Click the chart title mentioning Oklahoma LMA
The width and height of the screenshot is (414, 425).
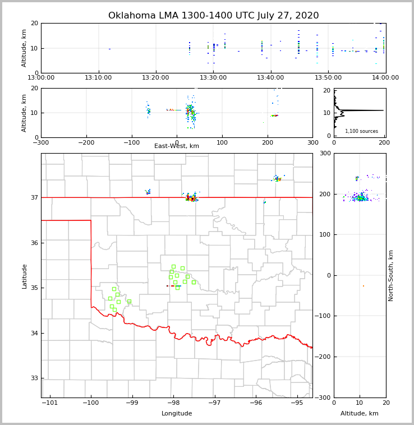point(213,16)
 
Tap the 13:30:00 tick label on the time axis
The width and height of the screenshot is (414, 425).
point(213,78)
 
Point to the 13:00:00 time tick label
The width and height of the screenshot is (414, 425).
point(42,78)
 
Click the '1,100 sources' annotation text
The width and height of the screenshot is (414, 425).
point(361,131)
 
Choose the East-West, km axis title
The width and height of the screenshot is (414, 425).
point(177,146)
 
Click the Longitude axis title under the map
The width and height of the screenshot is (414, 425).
point(177,414)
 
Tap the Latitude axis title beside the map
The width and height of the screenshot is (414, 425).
point(24,276)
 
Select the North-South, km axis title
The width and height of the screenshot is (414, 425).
point(391,275)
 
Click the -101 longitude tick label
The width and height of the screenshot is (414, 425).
point(49,403)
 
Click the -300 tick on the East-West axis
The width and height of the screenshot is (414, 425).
point(41,142)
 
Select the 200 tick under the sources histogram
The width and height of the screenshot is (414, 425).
point(384,142)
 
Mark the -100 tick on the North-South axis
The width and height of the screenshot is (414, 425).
point(324,316)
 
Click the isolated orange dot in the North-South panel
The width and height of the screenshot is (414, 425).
point(363,286)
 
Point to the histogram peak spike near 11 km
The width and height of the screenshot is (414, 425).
point(370,110)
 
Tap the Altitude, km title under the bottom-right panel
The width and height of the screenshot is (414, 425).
point(360,414)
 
